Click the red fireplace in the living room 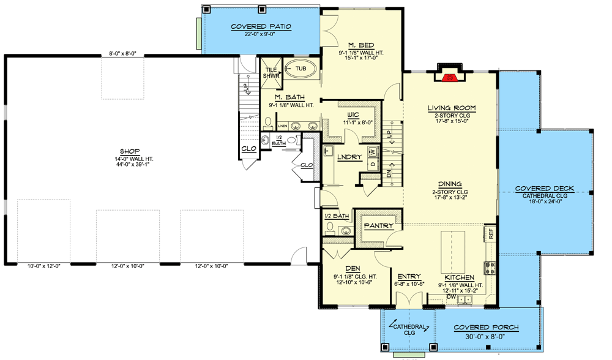tap(450, 78)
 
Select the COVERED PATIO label tap(261, 26)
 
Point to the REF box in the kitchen tap(490, 234)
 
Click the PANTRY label tap(379, 226)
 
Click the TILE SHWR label tap(271, 73)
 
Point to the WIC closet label tap(352, 114)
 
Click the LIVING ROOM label tap(452, 108)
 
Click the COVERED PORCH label tap(486, 328)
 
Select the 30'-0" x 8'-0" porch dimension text tap(486, 336)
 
